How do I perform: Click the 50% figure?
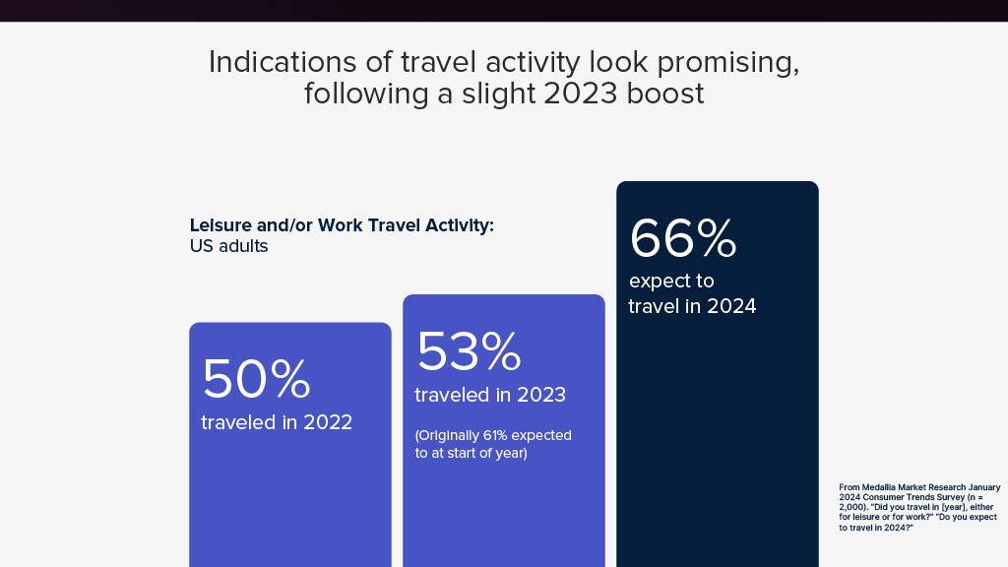[257, 378]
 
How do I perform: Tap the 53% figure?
[469, 351]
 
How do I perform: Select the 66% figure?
[683, 238]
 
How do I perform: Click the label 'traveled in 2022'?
[277, 422]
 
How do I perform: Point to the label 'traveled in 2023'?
[490, 395]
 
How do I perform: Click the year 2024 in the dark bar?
[731, 306]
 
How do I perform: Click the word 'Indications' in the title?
[283, 62]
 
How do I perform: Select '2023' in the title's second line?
[581, 94]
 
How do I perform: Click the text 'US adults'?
[228, 246]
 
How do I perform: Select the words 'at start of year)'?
[478, 453]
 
